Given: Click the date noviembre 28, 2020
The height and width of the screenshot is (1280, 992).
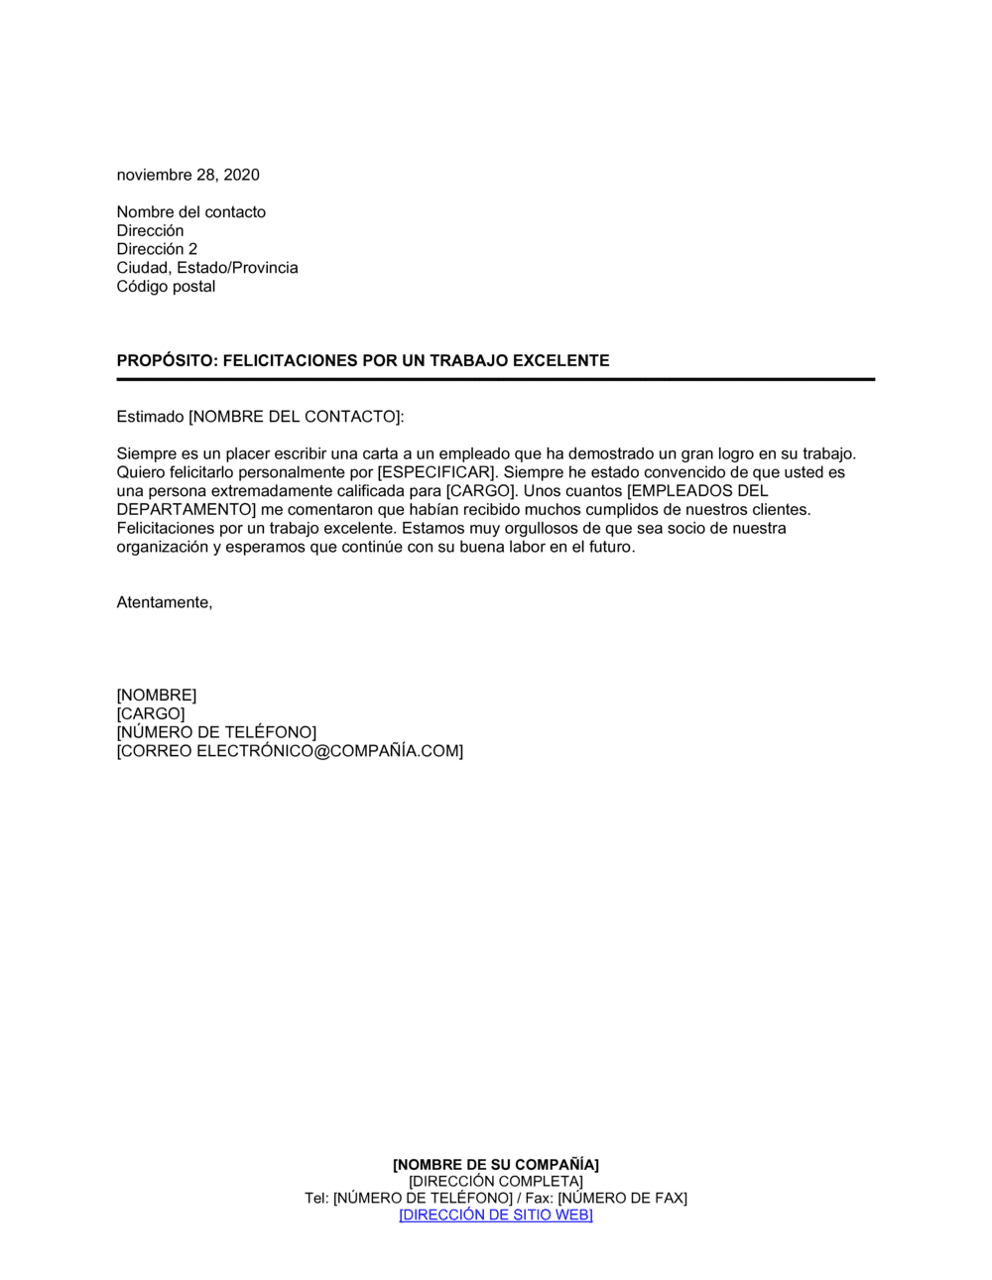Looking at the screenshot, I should click(x=187, y=175).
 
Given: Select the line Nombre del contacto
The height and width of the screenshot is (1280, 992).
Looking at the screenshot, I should click(x=190, y=211).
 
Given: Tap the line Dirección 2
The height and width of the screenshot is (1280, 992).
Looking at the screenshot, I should click(x=157, y=249).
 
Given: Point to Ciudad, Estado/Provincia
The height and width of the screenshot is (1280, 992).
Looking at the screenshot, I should click(x=207, y=268).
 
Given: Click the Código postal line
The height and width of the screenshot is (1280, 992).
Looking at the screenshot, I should click(x=166, y=287).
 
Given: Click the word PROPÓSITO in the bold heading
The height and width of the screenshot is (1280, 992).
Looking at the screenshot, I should click(x=166, y=361).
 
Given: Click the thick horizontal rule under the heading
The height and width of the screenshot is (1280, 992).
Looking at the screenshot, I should click(x=496, y=379).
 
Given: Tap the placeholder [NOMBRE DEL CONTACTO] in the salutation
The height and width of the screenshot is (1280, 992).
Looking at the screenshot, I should click(x=295, y=417).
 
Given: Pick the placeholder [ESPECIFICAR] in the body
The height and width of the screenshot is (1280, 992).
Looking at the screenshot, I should click(x=435, y=472).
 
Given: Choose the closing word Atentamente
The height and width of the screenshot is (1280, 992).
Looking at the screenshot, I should click(x=164, y=602).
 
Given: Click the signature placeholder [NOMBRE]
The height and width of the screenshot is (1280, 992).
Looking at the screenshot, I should click(x=157, y=696).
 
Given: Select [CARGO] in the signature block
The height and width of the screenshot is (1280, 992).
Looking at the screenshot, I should click(x=151, y=714).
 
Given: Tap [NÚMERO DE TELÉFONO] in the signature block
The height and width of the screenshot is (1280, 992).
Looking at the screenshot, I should click(x=216, y=732).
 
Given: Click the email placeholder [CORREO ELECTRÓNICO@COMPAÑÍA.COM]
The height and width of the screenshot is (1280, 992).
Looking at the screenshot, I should click(x=290, y=751).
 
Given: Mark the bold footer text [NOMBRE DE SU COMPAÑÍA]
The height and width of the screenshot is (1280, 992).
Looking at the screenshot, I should click(x=496, y=1165).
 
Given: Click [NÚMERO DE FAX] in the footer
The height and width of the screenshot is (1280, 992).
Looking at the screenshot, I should click(x=622, y=1198).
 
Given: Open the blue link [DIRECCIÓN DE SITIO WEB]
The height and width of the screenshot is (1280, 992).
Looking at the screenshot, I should click(x=496, y=1215).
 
